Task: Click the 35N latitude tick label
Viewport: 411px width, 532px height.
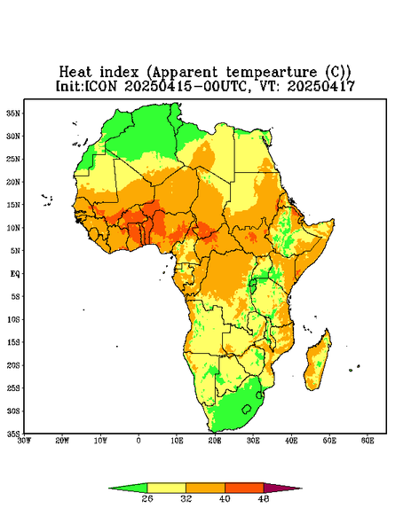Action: tap(13, 113)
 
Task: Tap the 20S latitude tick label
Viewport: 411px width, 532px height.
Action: tap(13, 365)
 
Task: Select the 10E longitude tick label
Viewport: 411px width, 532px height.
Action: tap(177, 441)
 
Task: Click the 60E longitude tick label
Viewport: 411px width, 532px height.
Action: tap(368, 441)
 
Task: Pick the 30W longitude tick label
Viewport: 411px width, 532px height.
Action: tap(24, 441)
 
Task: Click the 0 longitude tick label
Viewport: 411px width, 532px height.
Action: tap(138, 441)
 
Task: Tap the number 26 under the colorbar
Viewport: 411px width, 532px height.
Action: tap(147, 498)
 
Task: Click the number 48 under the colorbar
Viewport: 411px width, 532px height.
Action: tap(264, 498)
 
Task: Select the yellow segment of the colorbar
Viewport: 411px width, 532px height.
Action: tap(166, 488)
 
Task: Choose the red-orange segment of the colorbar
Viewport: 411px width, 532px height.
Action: tap(244, 488)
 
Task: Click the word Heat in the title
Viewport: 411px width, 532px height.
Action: tap(75, 73)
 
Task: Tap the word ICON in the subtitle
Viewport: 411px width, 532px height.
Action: tap(100, 86)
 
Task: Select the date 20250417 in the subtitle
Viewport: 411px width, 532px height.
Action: tap(321, 86)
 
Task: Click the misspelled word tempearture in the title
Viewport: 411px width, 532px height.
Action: tap(272, 73)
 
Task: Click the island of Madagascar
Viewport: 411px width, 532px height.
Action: tap(318, 362)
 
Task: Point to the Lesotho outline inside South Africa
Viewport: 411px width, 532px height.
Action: tap(247, 409)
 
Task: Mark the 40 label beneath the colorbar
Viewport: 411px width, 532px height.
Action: tap(225, 498)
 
